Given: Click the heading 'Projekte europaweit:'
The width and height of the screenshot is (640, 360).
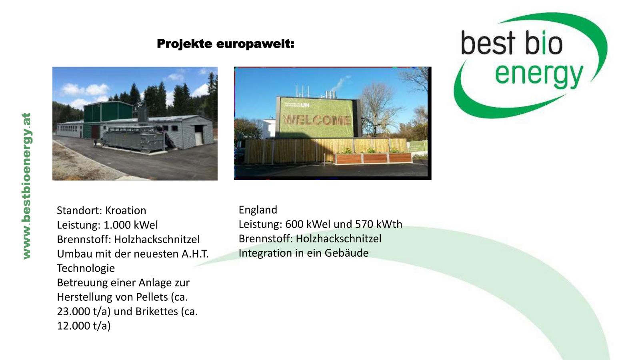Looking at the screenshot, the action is tap(226, 44).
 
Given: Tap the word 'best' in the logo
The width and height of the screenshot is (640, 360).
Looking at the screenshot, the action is tap(488, 43).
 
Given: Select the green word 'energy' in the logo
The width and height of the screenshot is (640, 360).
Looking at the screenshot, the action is tap(539, 74).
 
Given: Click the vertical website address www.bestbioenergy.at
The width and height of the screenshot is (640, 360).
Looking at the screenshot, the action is tap(26, 186).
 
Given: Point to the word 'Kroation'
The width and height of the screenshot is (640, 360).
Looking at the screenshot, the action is tap(126, 210).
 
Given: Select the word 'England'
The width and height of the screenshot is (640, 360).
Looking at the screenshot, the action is tap(258, 210).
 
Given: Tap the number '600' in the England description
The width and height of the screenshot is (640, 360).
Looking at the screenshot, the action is tap(294, 224).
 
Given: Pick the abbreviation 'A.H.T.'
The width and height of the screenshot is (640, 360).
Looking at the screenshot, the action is tap(195, 254).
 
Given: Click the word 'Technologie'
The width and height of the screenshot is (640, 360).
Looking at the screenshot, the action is tap(86, 268).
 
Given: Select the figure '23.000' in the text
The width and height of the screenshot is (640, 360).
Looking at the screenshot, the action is tap(74, 312).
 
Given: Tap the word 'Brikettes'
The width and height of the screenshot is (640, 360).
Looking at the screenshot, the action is tap(156, 312).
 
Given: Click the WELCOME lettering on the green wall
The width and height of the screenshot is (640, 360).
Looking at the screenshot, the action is tap(316, 120).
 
